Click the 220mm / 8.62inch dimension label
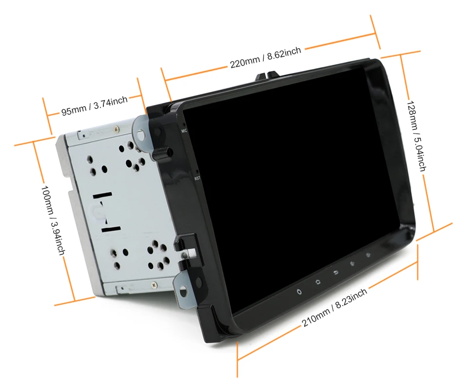point(266,57)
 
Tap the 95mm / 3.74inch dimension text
point(94,106)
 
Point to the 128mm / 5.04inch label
point(417,136)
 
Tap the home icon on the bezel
point(317,282)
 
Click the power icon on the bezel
point(299,292)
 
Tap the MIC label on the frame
point(184,131)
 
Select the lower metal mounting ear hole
point(183,292)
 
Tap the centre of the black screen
point(292,185)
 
